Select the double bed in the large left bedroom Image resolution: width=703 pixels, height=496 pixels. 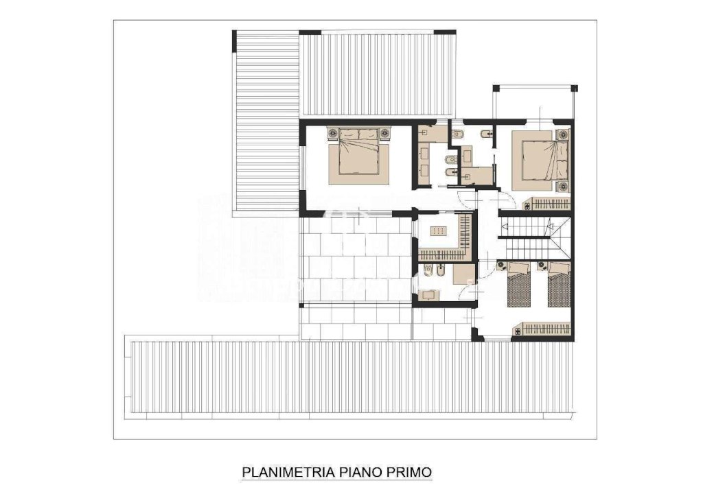click(x=358, y=156)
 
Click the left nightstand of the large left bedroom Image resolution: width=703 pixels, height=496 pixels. click(x=333, y=133)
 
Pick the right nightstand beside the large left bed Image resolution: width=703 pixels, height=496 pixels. click(x=385, y=133)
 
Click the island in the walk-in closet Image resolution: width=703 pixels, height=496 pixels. click(x=437, y=231)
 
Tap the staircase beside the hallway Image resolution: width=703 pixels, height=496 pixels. click(x=533, y=237)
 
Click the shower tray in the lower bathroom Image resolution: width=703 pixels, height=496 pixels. click(x=463, y=274)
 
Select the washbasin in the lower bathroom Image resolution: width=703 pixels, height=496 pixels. click(x=429, y=295)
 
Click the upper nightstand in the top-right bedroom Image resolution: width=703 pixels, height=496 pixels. click(x=564, y=134)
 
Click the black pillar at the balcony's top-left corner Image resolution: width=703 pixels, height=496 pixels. click(x=496, y=88)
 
